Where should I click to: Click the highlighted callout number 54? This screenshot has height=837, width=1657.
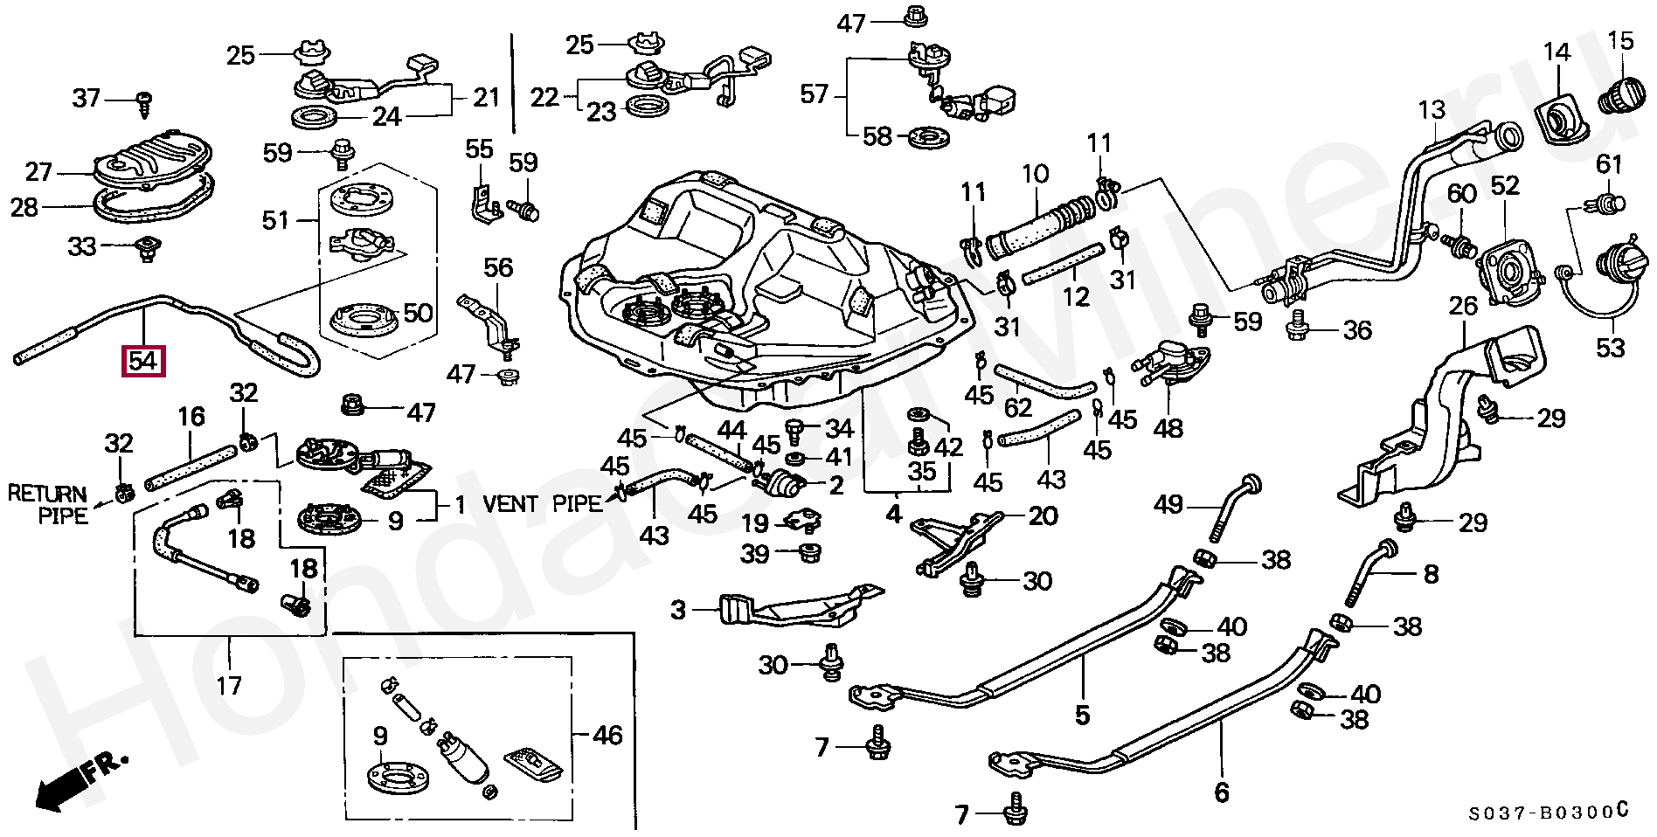click(x=144, y=362)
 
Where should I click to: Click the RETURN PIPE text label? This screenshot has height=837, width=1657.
click(x=48, y=505)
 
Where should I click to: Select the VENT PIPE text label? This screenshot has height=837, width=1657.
click(x=543, y=504)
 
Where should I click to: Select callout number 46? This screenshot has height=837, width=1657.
click(x=607, y=735)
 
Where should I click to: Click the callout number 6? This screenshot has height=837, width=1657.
click(x=1221, y=792)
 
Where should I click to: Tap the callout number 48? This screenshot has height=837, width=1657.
click(x=1168, y=428)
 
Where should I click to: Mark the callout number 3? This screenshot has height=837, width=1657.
click(x=679, y=610)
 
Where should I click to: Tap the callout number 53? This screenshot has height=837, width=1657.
click(x=1610, y=348)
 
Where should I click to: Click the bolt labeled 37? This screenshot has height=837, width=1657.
click(x=145, y=101)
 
